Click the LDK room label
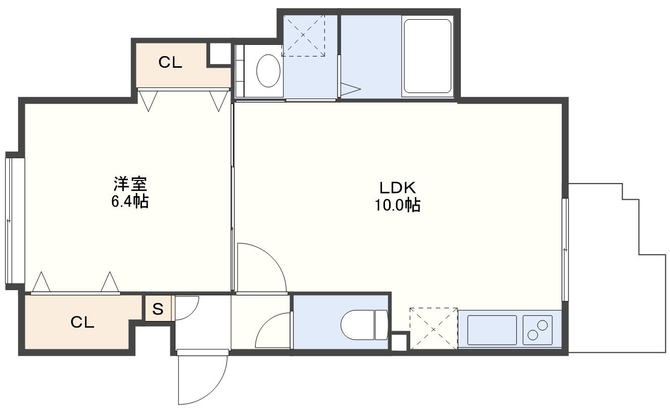398,188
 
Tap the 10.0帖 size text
398,205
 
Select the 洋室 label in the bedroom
130,184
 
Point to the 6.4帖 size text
130,201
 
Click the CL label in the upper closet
170,62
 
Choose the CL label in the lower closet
82,323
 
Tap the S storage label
158,309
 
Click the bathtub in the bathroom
427,56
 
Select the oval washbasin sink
268,71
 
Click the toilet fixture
364,325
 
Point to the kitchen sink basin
492,330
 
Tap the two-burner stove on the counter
538,330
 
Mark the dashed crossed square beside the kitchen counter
434,329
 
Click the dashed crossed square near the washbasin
303,35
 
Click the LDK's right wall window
565,249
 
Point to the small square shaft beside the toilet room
399,342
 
